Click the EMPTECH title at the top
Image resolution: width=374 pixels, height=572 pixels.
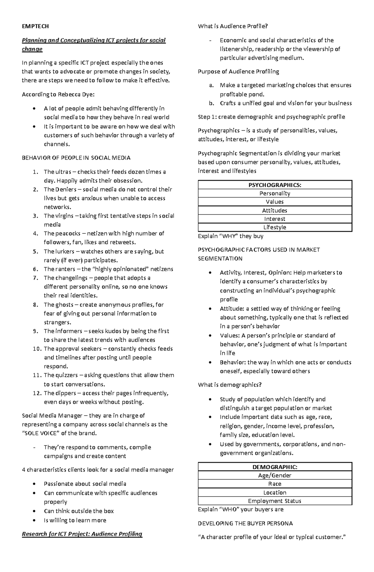(35, 26)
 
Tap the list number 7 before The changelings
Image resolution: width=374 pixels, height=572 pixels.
(36, 278)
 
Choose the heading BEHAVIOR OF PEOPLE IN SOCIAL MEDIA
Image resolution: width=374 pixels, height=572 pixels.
(76, 158)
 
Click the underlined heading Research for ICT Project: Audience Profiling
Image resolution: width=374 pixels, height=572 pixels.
(82, 534)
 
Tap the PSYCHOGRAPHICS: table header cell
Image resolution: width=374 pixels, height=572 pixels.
(275, 185)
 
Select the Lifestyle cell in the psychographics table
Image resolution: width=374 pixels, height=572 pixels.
(275, 227)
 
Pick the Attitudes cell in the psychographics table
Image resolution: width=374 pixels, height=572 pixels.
(275, 210)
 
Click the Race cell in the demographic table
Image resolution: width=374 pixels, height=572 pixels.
(275, 484)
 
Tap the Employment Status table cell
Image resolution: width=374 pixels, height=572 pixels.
(275, 501)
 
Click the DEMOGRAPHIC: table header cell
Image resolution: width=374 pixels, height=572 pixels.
(275, 467)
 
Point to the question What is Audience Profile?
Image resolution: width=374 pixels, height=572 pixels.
(233, 26)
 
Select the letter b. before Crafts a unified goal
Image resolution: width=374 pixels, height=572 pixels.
(212, 103)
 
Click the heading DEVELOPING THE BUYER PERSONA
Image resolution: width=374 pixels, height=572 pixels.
(245, 523)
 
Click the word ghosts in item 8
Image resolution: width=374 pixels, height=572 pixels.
(64, 305)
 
